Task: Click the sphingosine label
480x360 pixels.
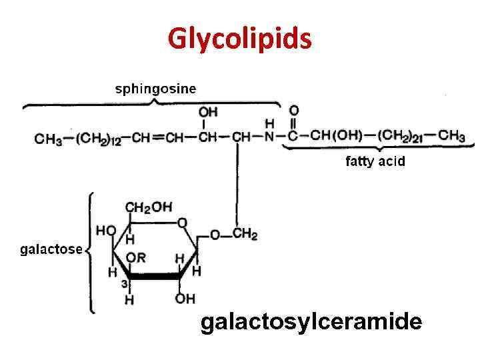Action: [x=156, y=89]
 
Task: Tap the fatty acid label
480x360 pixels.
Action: [x=375, y=161]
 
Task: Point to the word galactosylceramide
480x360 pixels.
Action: [x=311, y=323]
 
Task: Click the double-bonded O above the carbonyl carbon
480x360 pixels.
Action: [x=293, y=109]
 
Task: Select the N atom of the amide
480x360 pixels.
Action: [x=270, y=137]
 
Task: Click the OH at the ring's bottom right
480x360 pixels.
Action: [x=185, y=299]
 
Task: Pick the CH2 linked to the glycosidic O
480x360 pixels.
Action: [x=245, y=235]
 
